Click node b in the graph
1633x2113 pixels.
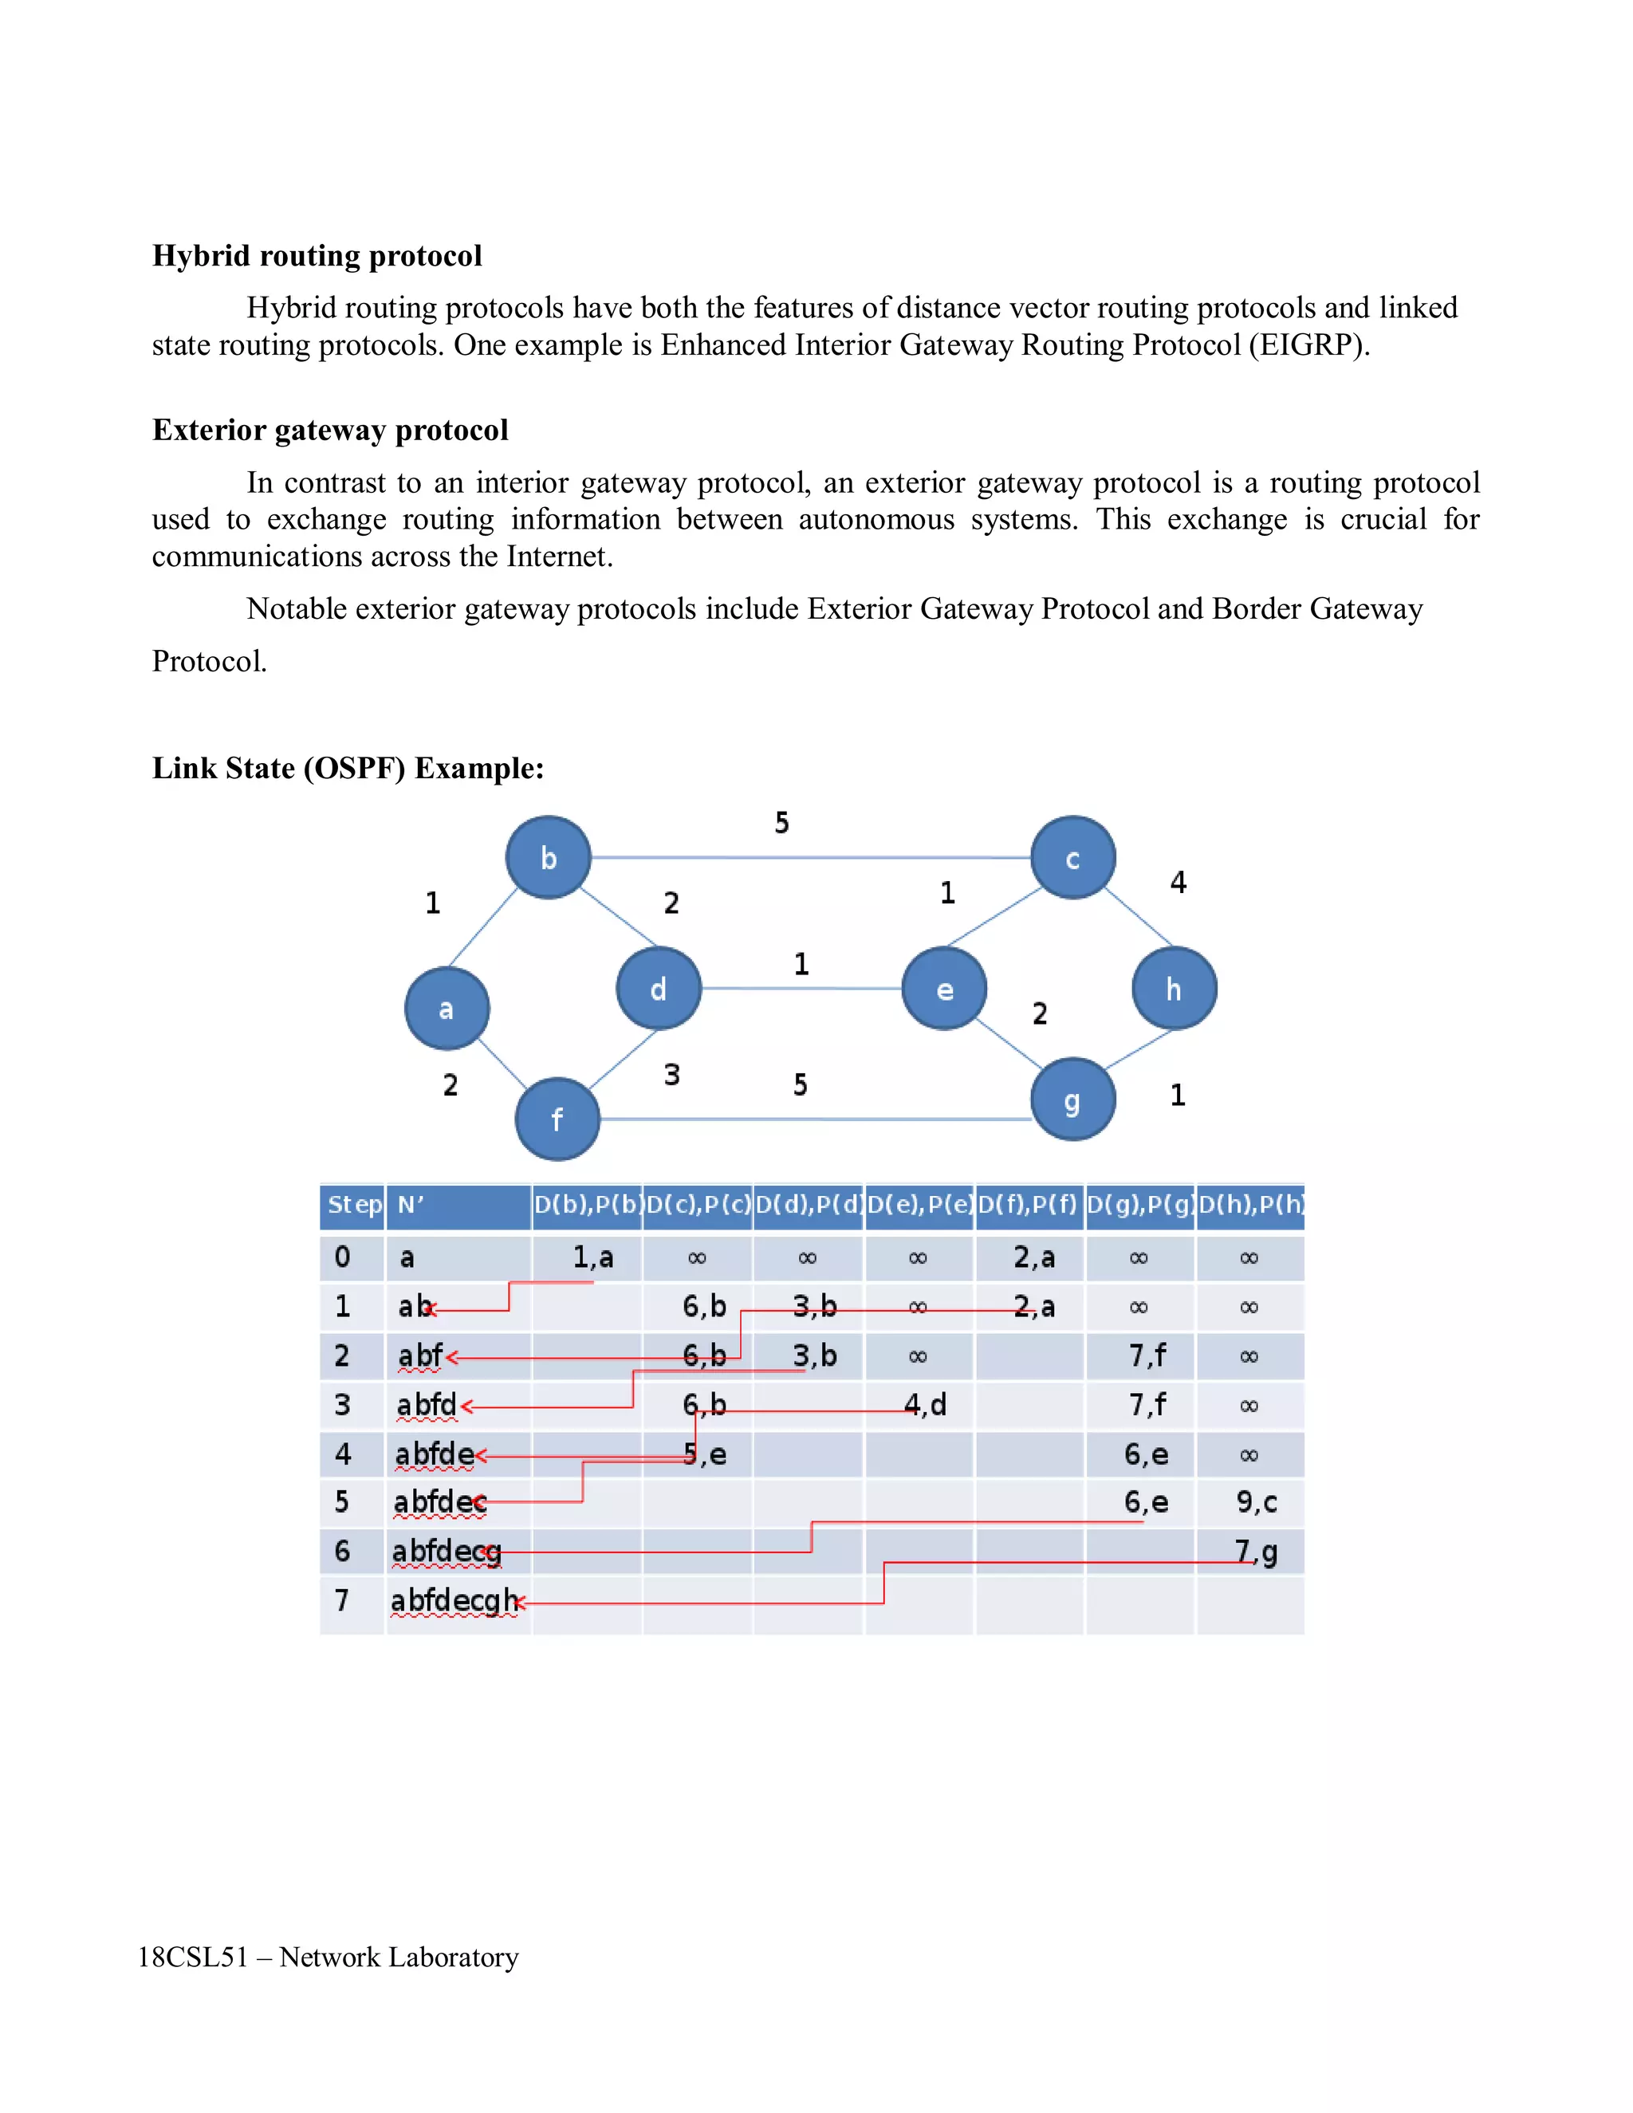(x=548, y=857)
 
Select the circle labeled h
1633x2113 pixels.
(x=1174, y=989)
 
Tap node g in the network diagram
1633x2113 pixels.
(x=1072, y=1100)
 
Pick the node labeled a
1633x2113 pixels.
(x=446, y=1008)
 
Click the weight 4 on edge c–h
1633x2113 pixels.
(x=1178, y=881)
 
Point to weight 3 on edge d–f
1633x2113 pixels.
(x=671, y=1074)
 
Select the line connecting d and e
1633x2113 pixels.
(x=801, y=989)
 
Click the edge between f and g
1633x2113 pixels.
(x=813, y=1119)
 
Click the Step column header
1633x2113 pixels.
(x=353, y=1206)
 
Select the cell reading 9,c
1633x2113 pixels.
(x=1256, y=1502)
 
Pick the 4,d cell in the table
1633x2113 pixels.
(x=925, y=1404)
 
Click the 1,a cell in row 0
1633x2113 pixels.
(x=592, y=1257)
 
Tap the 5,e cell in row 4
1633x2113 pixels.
(x=704, y=1454)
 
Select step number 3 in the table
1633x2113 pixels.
(x=342, y=1405)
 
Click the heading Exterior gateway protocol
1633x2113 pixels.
(x=330, y=430)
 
